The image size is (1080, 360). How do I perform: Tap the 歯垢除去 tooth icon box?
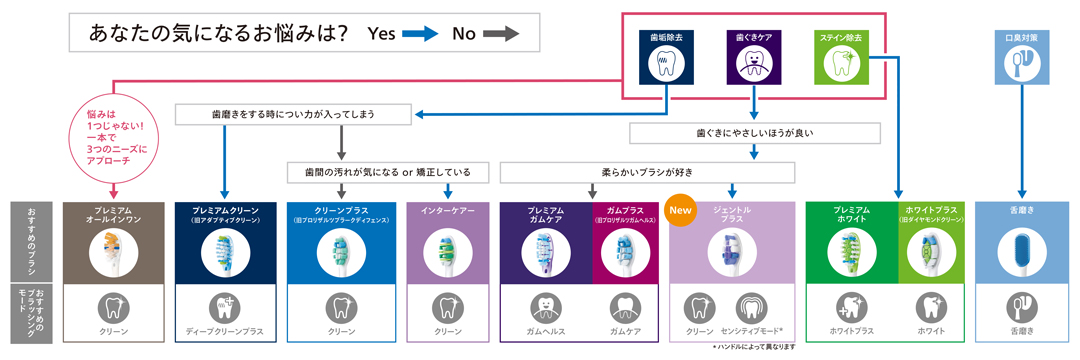[x=666, y=56]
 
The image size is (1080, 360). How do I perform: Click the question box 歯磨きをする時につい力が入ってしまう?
[x=293, y=115]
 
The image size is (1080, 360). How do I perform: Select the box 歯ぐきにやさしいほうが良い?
[x=755, y=132]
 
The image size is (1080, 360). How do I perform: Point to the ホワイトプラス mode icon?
[x=850, y=307]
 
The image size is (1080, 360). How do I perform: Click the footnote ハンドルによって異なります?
[x=755, y=347]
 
